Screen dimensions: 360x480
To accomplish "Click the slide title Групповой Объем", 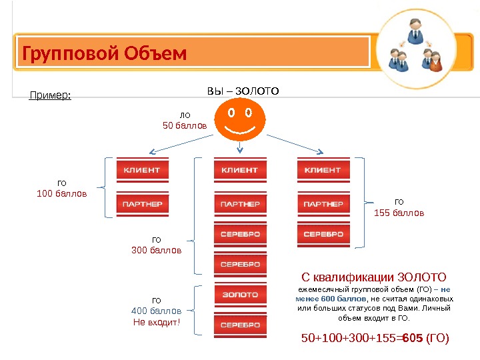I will pos(105,53).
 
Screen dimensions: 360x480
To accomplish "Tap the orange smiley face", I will pos(239,119).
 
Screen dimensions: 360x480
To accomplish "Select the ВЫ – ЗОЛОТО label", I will pos(243,91).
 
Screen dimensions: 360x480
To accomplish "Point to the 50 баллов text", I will pos(185,125).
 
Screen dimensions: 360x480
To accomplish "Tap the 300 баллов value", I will pos(157,251).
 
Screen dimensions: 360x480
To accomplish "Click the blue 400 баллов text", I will pos(157,311).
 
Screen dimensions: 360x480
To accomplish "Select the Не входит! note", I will pos(157,323).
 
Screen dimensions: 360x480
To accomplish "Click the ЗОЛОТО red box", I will pos(239,294).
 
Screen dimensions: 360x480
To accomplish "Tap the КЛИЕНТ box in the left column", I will pos(142,170).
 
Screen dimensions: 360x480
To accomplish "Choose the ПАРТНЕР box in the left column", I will pos(142,203).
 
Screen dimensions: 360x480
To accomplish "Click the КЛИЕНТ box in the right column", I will pos(323,170).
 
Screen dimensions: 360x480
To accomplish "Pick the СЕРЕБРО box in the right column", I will pos(323,235).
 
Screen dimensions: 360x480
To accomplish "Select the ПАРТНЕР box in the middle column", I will pos(239,203).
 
